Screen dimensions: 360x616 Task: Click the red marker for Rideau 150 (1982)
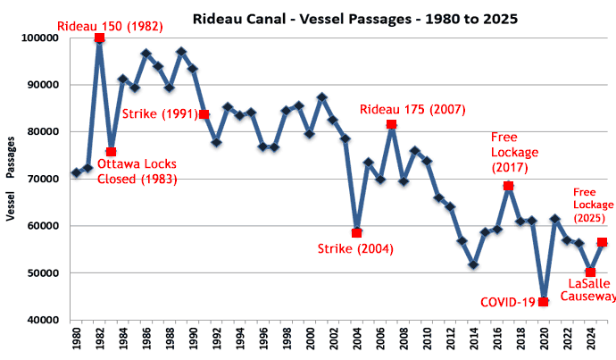pyautogui.click(x=99, y=38)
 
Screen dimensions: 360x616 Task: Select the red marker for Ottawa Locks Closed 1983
pyautogui.click(x=111, y=152)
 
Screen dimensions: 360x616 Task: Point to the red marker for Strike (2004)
pyautogui.click(x=356, y=232)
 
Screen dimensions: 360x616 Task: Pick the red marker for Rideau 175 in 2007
pyautogui.click(x=391, y=124)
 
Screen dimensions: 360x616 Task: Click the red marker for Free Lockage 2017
pyautogui.click(x=508, y=186)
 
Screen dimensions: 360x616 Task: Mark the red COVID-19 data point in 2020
pyautogui.click(x=543, y=302)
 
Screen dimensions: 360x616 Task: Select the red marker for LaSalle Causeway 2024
pyautogui.click(x=590, y=272)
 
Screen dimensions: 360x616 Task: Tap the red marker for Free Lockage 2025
pyautogui.click(x=602, y=242)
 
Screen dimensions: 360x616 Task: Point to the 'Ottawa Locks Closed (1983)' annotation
pyautogui.click(x=137, y=172)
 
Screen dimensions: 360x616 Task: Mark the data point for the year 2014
pyautogui.click(x=473, y=265)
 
